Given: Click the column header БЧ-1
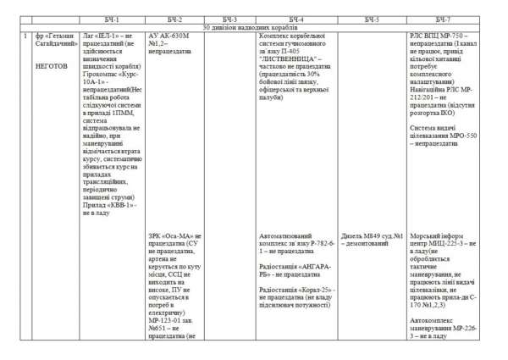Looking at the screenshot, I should coord(113,19).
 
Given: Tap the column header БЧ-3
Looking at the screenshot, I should coord(230,19).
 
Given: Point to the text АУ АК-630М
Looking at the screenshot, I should coord(169,36).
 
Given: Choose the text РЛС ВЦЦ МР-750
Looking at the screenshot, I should coord(439,36).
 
